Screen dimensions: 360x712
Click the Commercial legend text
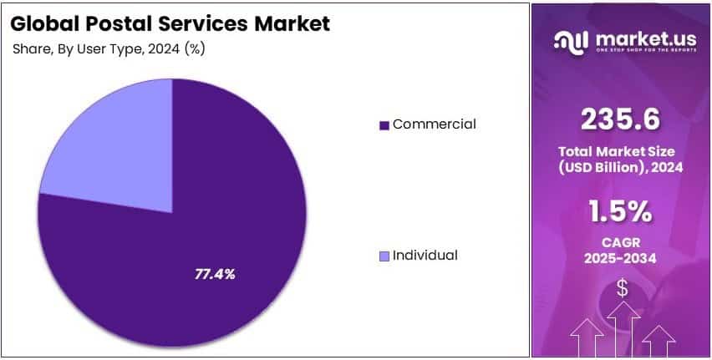click(434, 124)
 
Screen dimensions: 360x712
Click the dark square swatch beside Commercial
click(384, 125)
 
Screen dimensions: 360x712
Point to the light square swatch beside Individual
click(384, 256)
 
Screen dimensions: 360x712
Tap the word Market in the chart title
click(292, 23)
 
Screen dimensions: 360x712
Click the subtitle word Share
click(31, 49)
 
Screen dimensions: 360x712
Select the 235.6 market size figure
click(622, 120)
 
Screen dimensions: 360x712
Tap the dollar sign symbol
click(622, 289)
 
